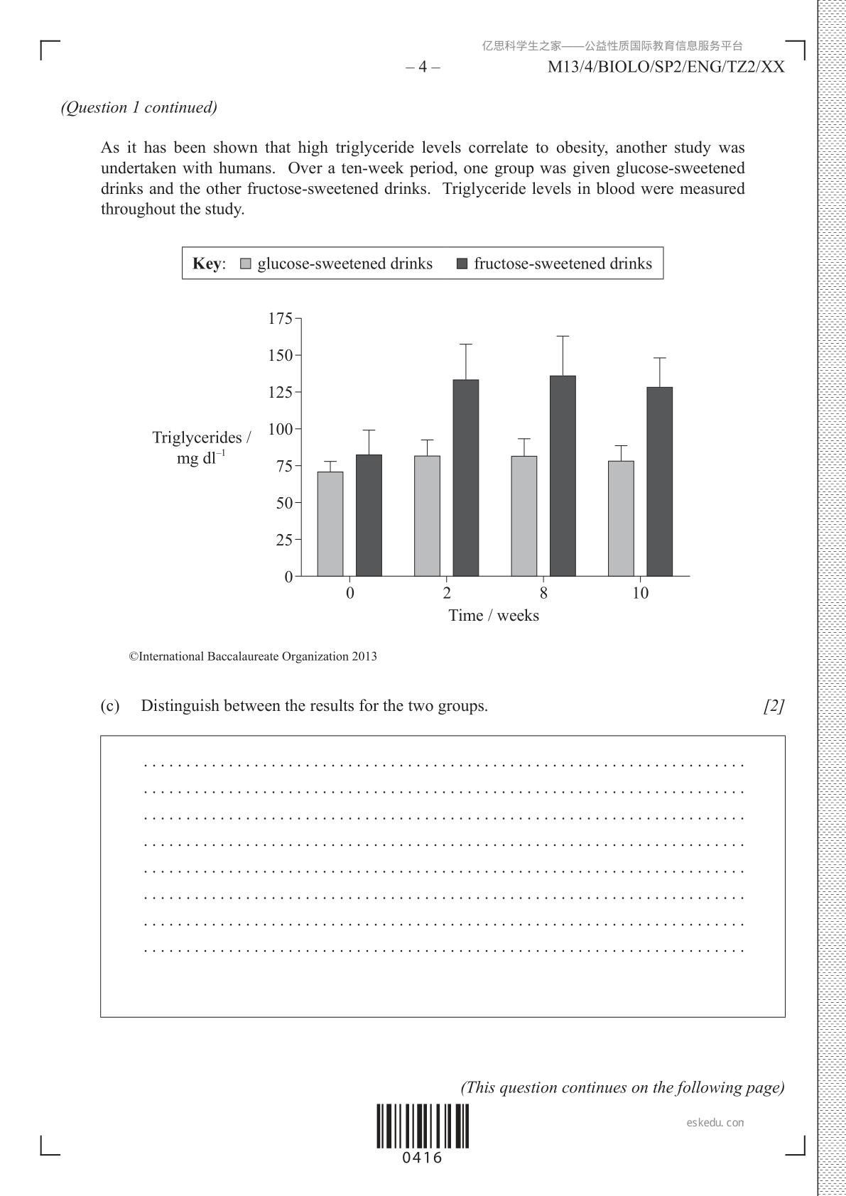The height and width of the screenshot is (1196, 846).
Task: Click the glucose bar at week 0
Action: point(330,523)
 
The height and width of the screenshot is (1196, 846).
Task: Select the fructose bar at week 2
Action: point(466,477)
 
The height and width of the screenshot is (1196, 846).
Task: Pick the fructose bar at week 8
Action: point(563,475)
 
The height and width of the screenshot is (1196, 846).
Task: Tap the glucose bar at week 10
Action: point(621,518)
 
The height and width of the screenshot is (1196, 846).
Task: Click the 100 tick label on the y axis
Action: point(280,429)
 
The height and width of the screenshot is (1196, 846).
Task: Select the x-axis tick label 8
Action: point(543,594)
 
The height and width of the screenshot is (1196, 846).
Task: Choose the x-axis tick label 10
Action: point(640,594)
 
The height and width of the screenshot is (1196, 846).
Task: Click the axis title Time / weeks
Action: point(494,616)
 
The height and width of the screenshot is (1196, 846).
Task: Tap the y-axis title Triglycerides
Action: point(201,437)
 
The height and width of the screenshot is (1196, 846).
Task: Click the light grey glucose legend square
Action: point(246,264)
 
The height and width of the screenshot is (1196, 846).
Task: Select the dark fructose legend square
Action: point(462,264)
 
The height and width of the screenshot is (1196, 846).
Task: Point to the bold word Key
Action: point(207,264)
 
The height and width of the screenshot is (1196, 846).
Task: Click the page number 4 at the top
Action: point(423,67)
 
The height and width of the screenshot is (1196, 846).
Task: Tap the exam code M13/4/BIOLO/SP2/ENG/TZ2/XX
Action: point(666,67)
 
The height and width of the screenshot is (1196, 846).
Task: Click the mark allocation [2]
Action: point(774,706)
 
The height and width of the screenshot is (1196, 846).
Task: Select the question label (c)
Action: point(110,706)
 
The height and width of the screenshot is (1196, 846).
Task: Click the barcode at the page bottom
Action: point(423,1126)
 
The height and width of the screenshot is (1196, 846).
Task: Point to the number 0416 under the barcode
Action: point(423,1158)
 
